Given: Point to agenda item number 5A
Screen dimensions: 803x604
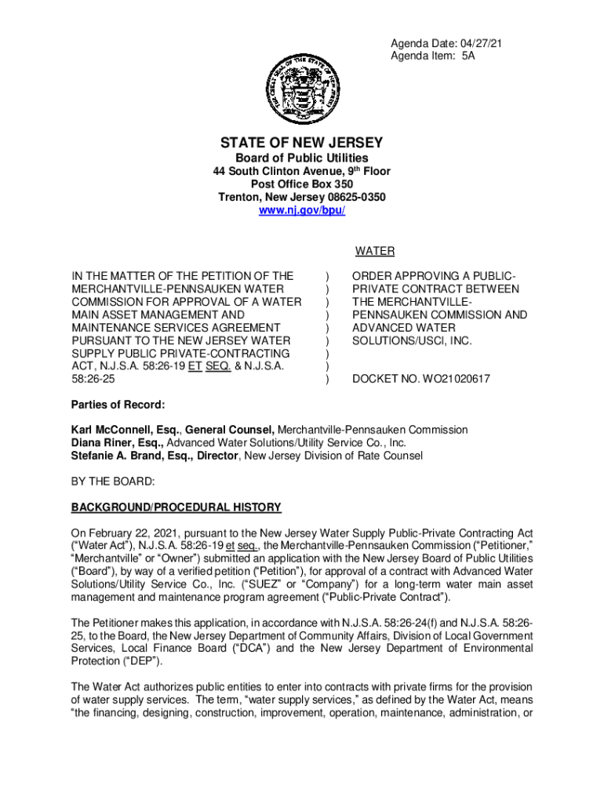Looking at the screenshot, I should click(468, 56).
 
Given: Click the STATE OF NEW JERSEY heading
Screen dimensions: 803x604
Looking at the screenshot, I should click(301, 143).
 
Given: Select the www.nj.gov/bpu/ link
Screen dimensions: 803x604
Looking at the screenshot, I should click(301, 211).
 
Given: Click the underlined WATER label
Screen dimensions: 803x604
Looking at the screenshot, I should click(374, 252).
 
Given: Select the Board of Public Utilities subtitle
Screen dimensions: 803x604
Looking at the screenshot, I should click(301, 159).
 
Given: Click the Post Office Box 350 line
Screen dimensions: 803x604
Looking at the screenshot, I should click(301, 184).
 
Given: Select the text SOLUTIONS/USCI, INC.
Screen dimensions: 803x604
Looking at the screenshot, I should click(412, 340).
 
